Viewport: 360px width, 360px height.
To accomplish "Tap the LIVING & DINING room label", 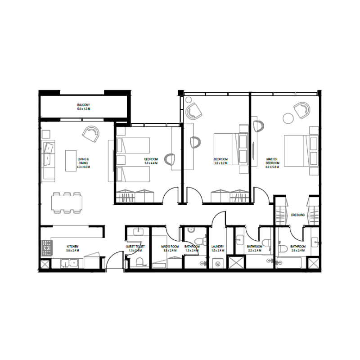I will pyautogui.click(x=84, y=161).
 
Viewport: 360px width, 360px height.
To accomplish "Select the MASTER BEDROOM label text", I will pyautogui.click(x=273, y=161).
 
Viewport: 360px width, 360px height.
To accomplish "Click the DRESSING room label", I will pyautogui.click(x=298, y=215).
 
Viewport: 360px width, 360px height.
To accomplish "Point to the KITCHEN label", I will pyautogui.click(x=72, y=247).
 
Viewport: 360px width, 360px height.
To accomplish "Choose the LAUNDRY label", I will pyautogui.click(x=218, y=247).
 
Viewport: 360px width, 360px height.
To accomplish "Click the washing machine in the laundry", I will pyautogui.click(x=218, y=264).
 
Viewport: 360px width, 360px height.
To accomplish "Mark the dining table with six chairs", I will pyautogui.click(x=67, y=203).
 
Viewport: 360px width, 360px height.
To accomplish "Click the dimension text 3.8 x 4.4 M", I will pyautogui.click(x=151, y=163).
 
